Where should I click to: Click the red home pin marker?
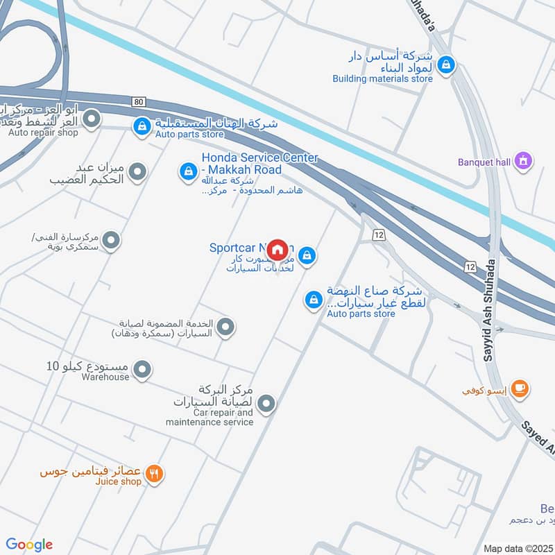[277, 249]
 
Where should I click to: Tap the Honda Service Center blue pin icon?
[187, 170]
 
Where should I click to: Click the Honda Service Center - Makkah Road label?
[260, 164]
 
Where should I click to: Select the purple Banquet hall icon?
[524, 161]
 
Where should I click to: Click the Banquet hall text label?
[484, 162]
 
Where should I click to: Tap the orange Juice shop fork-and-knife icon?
[155, 475]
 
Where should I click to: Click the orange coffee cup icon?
[520, 388]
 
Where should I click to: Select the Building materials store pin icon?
[448, 65]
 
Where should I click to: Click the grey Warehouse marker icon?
[142, 370]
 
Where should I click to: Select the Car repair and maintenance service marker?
[266, 402]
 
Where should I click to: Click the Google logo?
[29, 545]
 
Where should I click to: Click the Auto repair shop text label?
[43, 132]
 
